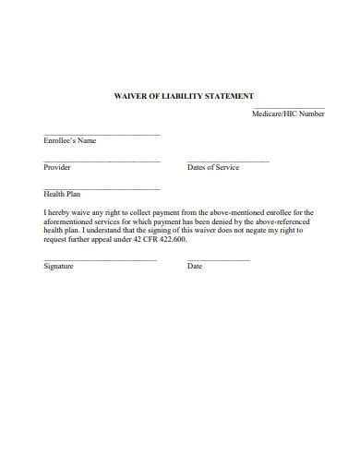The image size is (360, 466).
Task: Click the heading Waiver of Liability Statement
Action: pos(183,96)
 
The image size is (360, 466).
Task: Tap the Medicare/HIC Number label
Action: pos(288,114)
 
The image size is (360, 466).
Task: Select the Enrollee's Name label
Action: pos(69,141)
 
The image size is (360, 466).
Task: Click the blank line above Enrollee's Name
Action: pos(102,135)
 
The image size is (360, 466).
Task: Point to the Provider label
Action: pos(57,168)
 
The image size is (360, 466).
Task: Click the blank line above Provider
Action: pos(102,161)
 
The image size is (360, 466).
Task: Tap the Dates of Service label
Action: pos(213,168)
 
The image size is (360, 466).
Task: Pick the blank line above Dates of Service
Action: pos(228,161)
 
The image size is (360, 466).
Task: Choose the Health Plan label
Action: pos(63,195)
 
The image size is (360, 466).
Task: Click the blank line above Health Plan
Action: pos(102,188)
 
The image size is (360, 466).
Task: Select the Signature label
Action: pos(59,267)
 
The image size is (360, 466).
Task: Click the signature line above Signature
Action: pos(100,260)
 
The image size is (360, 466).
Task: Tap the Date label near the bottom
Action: pos(195,267)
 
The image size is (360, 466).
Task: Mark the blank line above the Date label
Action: pos(219,260)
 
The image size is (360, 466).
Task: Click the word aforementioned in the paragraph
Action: pos(69,221)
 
